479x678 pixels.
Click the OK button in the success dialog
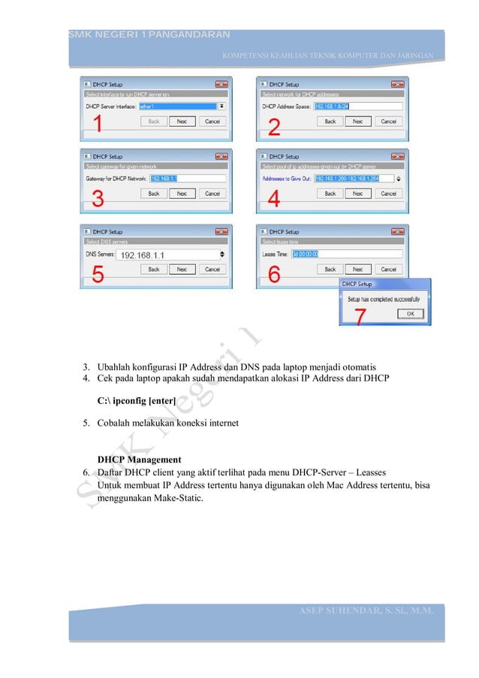410,314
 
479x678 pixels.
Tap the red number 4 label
275,200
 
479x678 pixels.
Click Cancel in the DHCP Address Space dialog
388,121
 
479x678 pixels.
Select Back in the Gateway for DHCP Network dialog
153,193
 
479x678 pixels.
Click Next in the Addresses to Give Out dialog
358,193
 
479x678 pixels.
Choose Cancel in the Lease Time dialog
388,269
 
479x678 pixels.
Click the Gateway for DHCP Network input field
187,179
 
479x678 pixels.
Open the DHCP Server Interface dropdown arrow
221,107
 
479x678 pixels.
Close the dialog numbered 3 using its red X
221,157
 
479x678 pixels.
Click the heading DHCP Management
140,459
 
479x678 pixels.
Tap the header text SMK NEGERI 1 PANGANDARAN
149,35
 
